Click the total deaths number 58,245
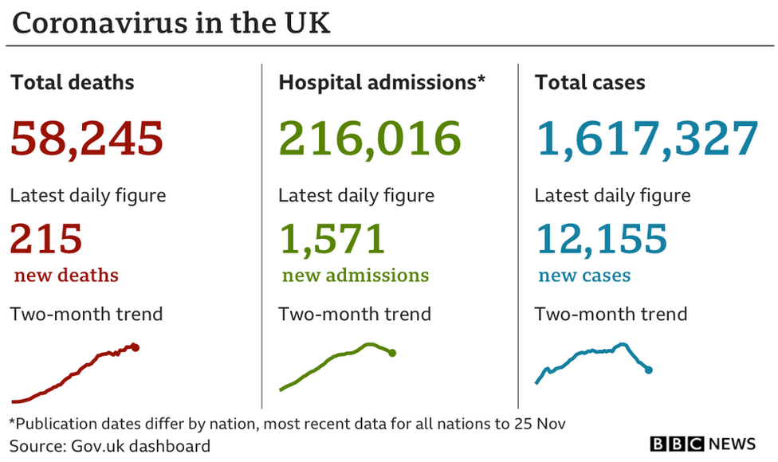click(x=87, y=138)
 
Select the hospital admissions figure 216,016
click(x=370, y=138)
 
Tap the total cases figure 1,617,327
click(x=646, y=138)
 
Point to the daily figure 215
click(x=46, y=238)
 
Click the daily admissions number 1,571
click(x=332, y=238)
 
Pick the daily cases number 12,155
click(x=601, y=238)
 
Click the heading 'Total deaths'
click(x=72, y=82)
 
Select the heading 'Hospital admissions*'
click(x=382, y=82)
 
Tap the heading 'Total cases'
click(x=590, y=82)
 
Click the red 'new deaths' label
click(x=66, y=276)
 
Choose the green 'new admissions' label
click(x=355, y=276)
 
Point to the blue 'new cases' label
click(x=584, y=276)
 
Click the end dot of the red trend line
click(x=136, y=347)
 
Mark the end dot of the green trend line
click(x=392, y=353)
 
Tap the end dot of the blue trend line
click(x=649, y=370)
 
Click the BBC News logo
click(x=702, y=444)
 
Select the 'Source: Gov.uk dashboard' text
click(x=110, y=445)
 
